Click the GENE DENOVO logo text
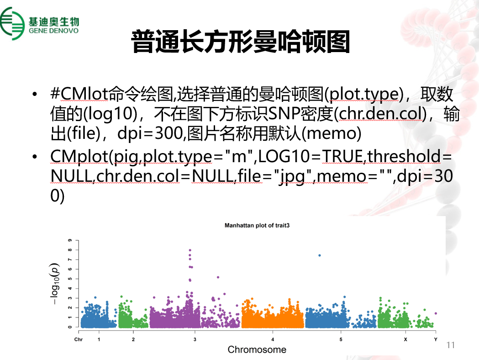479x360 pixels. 54,31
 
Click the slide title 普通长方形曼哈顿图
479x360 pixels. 241,42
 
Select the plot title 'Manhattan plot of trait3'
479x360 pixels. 257,226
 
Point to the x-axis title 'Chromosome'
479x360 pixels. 257,349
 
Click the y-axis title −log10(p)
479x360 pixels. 54,284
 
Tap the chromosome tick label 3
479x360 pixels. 195,339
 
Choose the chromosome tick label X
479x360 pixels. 405,339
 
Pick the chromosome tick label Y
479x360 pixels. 436,339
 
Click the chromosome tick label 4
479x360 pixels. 273,339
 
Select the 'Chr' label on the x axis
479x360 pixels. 79,339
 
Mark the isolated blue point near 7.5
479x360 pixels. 320,255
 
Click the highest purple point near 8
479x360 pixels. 189,250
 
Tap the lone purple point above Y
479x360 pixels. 436,313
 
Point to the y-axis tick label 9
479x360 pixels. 70,240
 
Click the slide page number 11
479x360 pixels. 451,345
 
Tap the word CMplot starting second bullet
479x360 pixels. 79,156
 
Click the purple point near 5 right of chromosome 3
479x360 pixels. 218,277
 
